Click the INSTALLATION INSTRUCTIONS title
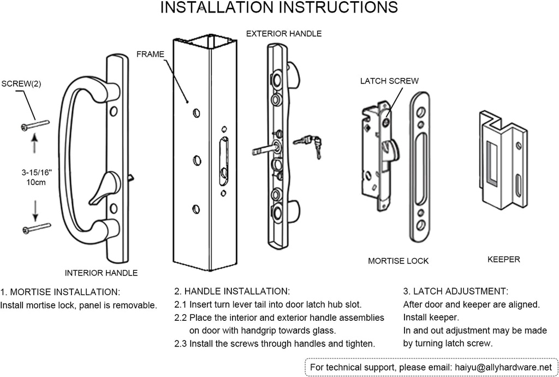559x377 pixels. (279, 8)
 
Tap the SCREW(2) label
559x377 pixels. (21, 84)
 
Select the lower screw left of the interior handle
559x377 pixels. (36, 228)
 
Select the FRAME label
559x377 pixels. (150, 55)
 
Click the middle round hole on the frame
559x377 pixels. (196, 161)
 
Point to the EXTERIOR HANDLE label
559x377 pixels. (284, 34)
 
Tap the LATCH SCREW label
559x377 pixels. (389, 81)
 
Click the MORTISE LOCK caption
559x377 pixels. (398, 261)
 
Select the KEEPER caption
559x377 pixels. (503, 260)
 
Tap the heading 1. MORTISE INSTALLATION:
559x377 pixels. (61, 292)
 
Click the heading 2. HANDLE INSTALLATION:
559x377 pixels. (232, 292)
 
